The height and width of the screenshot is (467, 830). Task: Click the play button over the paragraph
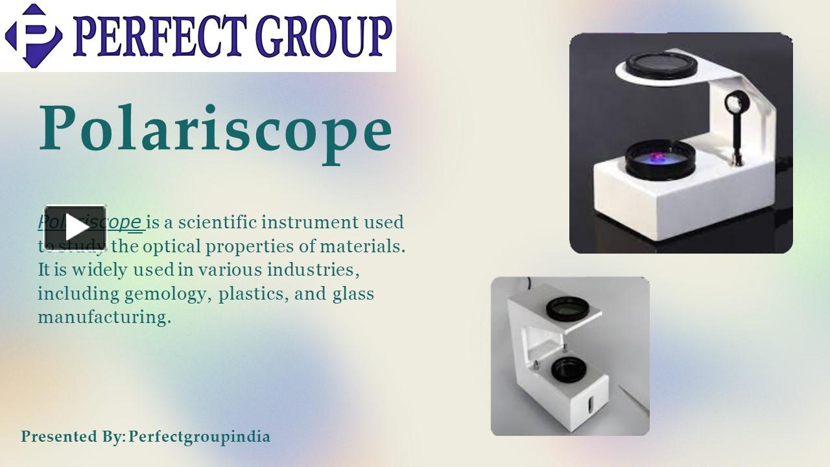[x=75, y=228]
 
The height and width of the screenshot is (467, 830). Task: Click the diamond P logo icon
[x=34, y=36]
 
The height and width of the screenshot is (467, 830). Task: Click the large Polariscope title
[x=215, y=128]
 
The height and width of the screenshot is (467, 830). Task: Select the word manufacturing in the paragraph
[x=104, y=317]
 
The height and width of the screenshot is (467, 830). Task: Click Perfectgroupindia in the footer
[x=199, y=437]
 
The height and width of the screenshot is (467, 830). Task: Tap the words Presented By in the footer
[x=71, y=437]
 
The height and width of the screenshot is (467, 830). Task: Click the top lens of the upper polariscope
[x=661, y=64]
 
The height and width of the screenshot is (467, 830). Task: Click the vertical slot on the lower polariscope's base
[x=589, y=406]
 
